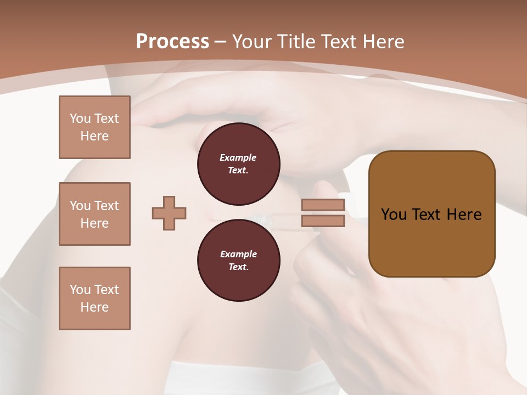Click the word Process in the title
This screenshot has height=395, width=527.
click(172, 42)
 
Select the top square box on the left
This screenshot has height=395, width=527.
click(94, 127)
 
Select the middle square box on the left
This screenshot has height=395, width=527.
click(94, 214)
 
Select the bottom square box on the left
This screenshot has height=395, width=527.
click(94, 298)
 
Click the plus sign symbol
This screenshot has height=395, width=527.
click(169, 213)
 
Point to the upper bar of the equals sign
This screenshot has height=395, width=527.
click(323, 205)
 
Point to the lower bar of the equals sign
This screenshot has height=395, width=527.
click(323, 221)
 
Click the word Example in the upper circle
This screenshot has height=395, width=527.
click(238, 157)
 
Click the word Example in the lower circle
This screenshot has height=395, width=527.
click(238, 254)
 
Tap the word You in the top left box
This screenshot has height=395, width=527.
click(80, 119)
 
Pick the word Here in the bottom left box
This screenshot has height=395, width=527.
click(94, 307)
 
